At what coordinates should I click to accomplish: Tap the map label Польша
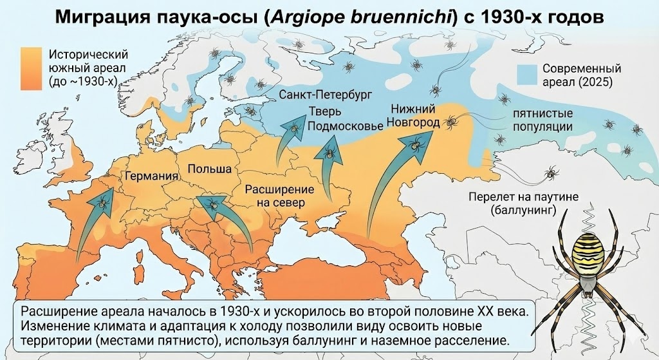209,169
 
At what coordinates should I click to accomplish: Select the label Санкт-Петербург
326,95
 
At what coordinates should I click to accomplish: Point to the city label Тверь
320,111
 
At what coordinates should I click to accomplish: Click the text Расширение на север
279,196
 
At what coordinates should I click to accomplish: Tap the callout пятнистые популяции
542,119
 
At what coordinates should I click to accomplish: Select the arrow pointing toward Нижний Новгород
393,180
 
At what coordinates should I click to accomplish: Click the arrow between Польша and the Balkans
222,216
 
